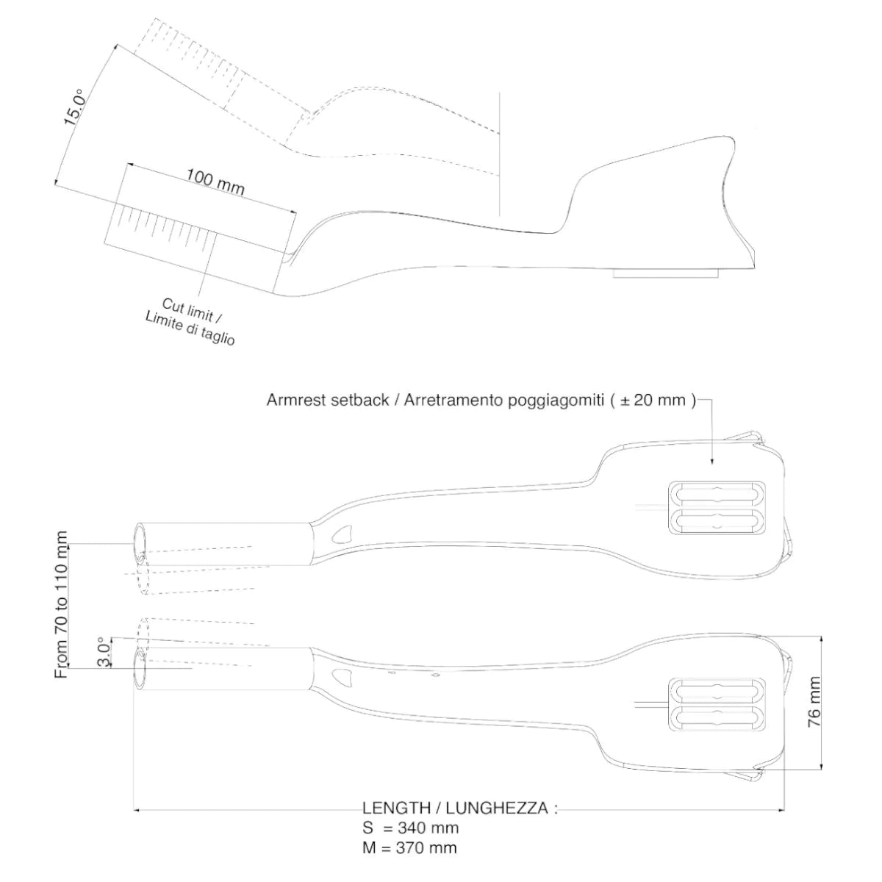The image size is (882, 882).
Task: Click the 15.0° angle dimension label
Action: pyautogui.click(x=76, y=107)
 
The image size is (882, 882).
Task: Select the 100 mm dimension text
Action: pyautogui.click(x=215, y=181)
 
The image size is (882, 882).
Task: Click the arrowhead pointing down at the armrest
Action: pyautogui.click(x=712, y=461)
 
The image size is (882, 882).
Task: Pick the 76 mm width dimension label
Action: pyautogui.click(x=814, y=702)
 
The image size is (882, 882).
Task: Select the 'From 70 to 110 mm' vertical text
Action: pyautogui.click(x=62, y=604)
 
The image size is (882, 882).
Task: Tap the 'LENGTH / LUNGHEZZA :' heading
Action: pyautogui.click(x=460, y=808)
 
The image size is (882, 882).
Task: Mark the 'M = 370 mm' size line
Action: pyautogui.click(x=409, y=848)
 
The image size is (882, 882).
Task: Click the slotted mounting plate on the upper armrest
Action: pyautogui.click(x=717, y=507)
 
